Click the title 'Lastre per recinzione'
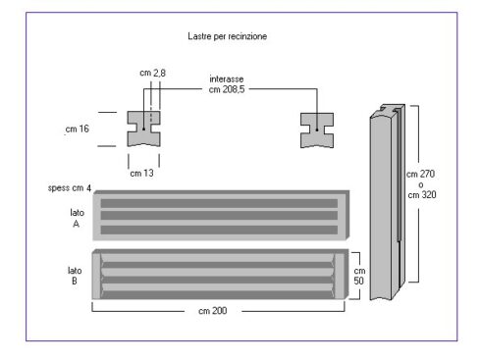(228, 36)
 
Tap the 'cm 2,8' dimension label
(152, 73)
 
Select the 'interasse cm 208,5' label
(227, 84)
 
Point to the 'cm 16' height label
(78, 129)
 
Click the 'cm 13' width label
(141, 173)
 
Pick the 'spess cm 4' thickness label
(70, 188)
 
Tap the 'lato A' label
(77, 218)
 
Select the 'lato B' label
(75, 276)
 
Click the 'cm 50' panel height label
(359, 276)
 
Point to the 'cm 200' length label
(213, 311)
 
